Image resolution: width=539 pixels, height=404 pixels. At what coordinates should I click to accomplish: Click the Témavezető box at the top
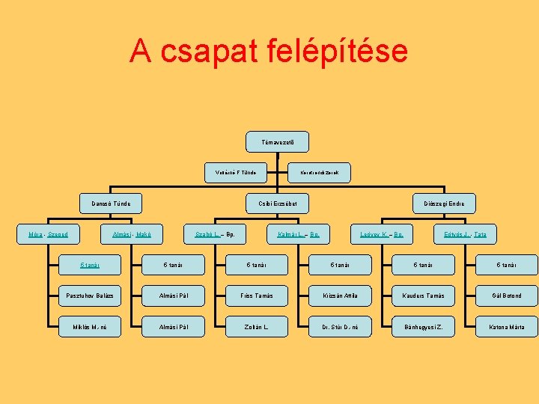point(277,142)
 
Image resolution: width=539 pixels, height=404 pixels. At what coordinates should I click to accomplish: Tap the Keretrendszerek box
point(320,173)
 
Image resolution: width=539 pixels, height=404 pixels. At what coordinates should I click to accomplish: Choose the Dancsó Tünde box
point(112,203)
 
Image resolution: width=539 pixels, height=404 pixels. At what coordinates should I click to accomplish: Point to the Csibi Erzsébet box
point(278,203)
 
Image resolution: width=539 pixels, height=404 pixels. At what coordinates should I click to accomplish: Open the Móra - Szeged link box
point(48,234)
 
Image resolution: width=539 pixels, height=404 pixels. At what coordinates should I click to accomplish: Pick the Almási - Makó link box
point(132,234)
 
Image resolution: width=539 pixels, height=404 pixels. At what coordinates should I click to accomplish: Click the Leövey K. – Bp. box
point(382,234)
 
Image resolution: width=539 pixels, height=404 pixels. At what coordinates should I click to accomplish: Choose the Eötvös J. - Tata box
point(465,234)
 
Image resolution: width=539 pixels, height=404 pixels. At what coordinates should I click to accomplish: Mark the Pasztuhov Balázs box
point(90,296)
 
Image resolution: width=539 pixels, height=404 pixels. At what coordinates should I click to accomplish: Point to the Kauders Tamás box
point(424,296)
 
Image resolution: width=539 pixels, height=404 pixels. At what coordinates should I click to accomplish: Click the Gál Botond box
point(508,296)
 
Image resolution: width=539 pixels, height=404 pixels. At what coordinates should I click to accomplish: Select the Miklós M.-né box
point(90,327)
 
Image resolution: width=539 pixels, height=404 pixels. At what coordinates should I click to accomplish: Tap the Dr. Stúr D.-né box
point(341,327)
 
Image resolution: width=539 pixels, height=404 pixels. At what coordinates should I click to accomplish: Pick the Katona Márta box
point(508,327)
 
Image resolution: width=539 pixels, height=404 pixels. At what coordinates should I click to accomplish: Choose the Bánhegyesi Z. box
point(424,327)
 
